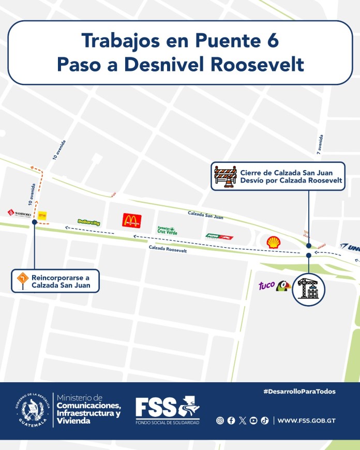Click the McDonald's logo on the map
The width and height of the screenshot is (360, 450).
click(131, 221)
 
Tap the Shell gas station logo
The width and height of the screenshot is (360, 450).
click(274, 242)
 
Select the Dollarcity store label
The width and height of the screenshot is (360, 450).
click(88, 222)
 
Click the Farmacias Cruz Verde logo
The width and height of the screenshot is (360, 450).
click(166, 230)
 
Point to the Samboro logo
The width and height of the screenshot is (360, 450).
click(19, 213)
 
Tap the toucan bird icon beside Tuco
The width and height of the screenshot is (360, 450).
click(283, 286)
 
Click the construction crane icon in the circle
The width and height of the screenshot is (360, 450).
click(308, 288)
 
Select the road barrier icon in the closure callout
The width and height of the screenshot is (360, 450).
click(226, 176)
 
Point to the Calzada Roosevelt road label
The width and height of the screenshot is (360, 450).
click(167, 249)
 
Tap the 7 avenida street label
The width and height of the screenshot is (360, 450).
click(321, 145)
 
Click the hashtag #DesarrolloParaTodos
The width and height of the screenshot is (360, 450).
click(299, 392)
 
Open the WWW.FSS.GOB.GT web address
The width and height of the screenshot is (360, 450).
click(306, 421)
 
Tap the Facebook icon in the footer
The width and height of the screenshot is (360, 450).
click(231, 421)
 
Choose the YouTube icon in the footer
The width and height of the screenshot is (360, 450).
click(253, 421)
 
